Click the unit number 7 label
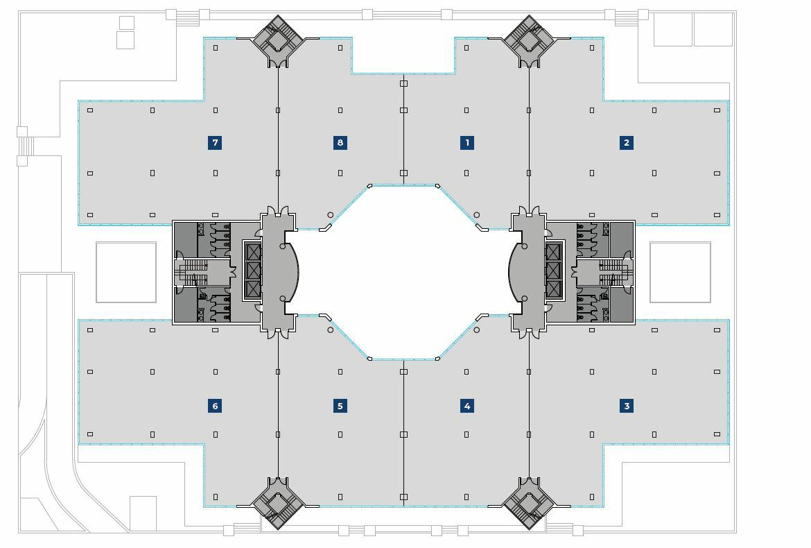[215, 143]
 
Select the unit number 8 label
[340, 143]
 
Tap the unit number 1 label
[467, 143]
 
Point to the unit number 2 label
[627, 143]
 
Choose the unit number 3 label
[627, 406]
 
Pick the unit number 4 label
[467, 406]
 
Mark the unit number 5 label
[340, 406]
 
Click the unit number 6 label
[215, 406]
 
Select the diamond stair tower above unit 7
[277, 40]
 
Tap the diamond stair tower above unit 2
[529, 40]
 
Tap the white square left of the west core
[126, 272]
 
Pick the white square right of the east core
[680, 272]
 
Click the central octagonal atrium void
[403, 272]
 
